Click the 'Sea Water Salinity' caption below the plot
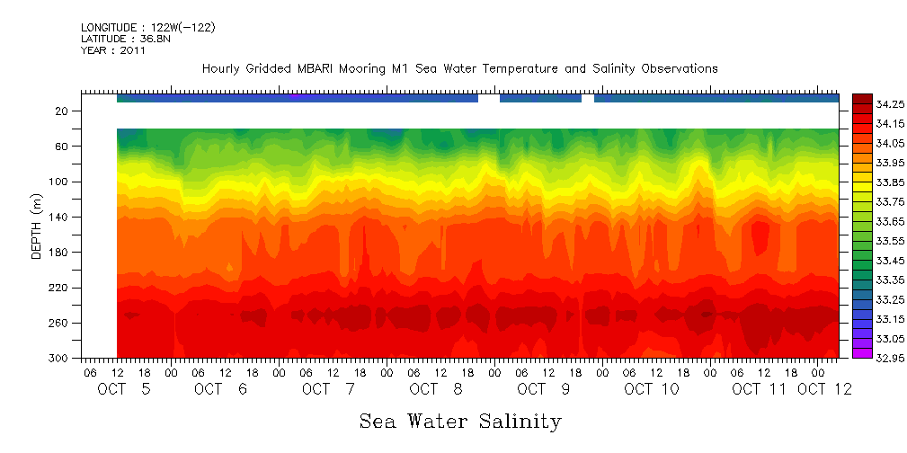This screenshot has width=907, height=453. point(460,422)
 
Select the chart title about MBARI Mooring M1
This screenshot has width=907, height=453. point(459,69)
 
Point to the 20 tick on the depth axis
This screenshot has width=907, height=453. point(64,111)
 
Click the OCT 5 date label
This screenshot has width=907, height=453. point(123,389)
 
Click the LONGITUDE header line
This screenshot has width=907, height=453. point(148,28)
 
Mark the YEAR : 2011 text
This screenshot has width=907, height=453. point(113,51)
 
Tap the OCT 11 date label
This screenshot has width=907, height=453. point(759,389)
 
